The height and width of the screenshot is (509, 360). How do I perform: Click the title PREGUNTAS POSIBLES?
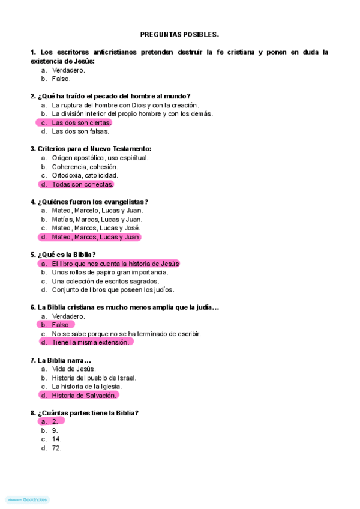(x=179, y=35)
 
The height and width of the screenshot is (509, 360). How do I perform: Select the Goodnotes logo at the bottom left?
(x=28, y=499)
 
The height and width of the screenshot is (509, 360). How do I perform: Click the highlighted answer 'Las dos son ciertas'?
(x=80, y=122)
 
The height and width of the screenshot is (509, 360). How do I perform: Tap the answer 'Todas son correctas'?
(x=82, y=184)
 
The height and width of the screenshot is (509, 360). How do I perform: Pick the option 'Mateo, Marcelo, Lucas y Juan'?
(x=97, y=211)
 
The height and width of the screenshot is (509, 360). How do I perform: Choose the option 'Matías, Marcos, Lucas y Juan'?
(x=97, y=220)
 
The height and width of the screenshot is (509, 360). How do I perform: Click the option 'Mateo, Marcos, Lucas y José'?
(x=96, y=228)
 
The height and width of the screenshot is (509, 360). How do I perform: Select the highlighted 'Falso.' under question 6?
(x=61, y=325)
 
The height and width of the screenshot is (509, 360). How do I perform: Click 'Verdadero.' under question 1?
(x=68, y=70)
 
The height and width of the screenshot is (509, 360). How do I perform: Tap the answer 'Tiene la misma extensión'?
(x=91, y=342)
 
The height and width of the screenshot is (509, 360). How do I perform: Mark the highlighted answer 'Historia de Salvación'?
(x=85, y=395)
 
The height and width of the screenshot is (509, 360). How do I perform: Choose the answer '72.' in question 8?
(x=56, y=448)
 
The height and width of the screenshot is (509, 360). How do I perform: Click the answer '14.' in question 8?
(x=56, y=439)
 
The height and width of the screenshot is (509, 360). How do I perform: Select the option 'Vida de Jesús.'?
(x=74, y=369)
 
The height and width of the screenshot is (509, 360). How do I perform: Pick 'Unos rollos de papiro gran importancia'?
(x=110, y=272)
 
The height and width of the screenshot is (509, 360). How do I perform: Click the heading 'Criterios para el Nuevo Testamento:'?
(x=91, y=149)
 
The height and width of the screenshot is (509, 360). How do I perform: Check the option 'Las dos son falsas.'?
(x=80, y=131)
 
